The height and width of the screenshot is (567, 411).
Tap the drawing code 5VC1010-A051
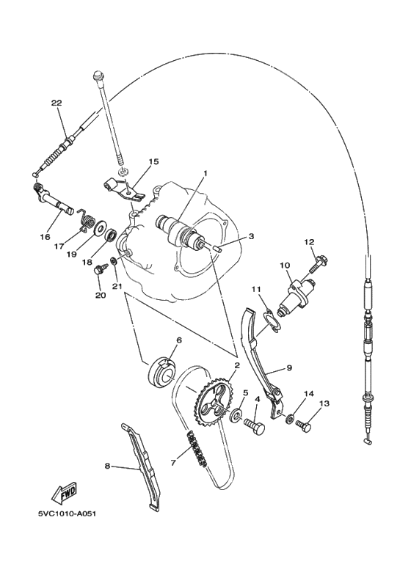tap(67, 513)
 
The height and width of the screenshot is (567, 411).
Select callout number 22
tap(57, 103)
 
